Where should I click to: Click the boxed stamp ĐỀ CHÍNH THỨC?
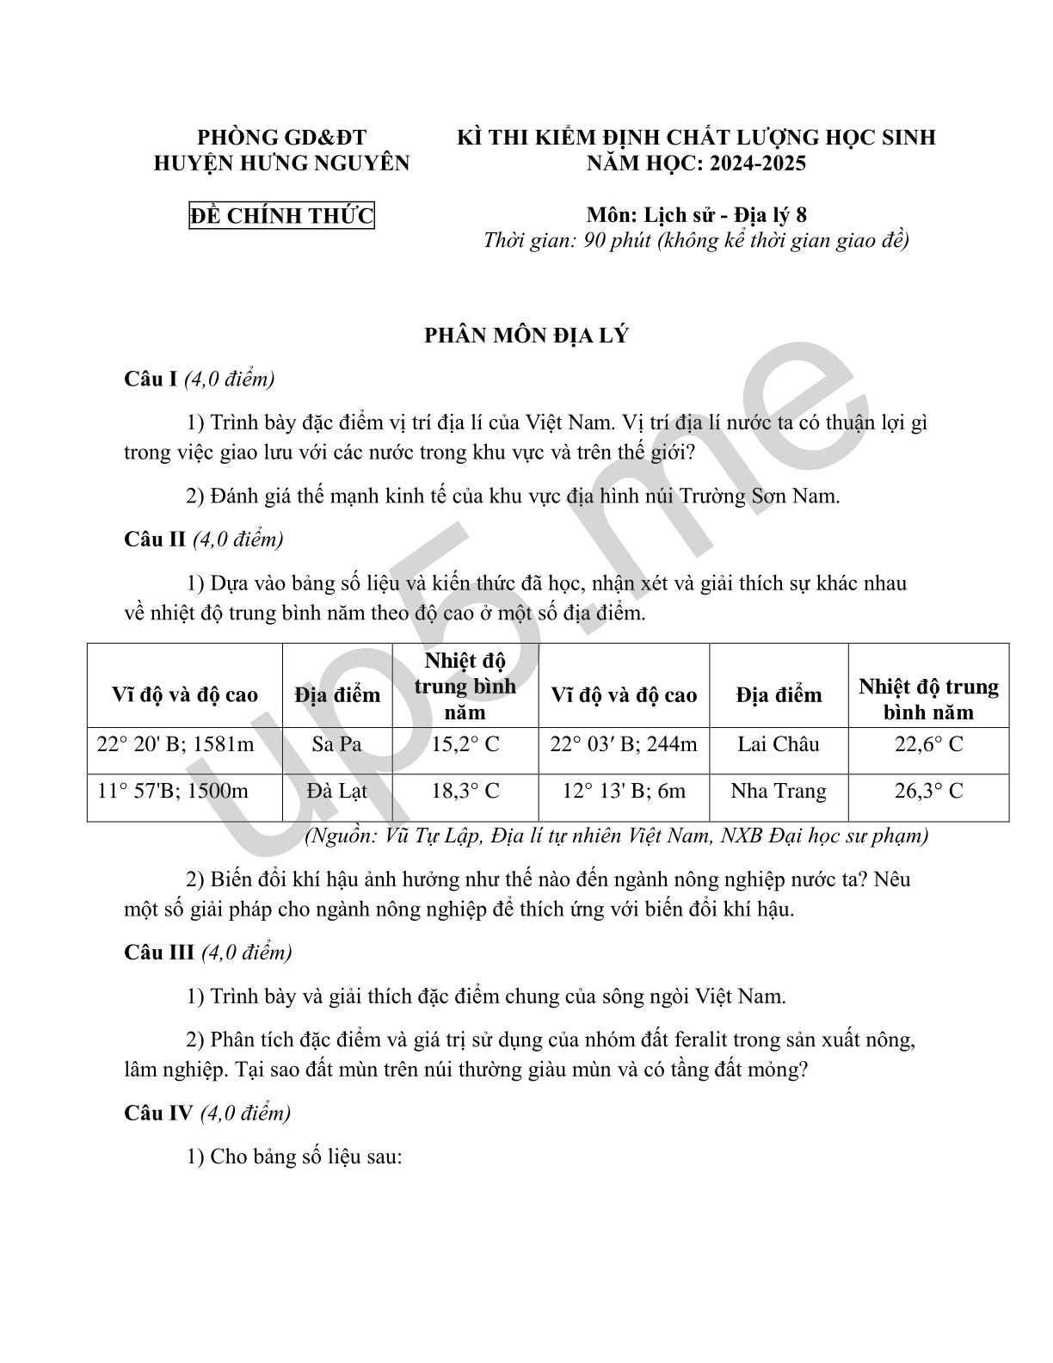(x=281, y=215)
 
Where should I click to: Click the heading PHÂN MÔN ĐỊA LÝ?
(x=526, y=336)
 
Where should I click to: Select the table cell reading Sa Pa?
(x=336, y=744)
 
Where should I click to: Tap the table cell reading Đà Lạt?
(x=336, y=791)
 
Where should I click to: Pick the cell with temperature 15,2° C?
(x=465, y=744)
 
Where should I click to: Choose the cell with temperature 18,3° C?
(x=465, y=791)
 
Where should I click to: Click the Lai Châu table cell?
(x=779, y=744)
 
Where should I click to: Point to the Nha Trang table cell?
(x=779, y=791)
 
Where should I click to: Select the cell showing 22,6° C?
(x=928, y=744)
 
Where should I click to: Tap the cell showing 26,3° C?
(x=928, y=791)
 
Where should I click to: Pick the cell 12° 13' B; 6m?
(x=624, y=791)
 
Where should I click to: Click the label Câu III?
(x=159, y=953)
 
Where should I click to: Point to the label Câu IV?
(x=158, y=1113)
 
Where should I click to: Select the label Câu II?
(x=155, y=540)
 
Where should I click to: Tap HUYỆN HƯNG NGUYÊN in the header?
(x=281, y=163)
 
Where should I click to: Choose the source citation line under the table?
(x=616, y=836)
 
